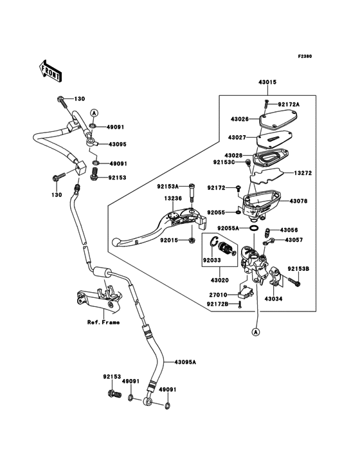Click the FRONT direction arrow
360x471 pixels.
coord(50,71)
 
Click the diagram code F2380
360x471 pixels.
coord(305,56)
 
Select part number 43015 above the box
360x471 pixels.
coord(267,82)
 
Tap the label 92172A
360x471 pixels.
coord(289,104)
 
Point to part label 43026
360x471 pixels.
coord(240,119)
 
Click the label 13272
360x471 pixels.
coord(303,173)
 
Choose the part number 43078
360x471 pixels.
coord(298,201)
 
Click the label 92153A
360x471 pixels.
coord(168,187)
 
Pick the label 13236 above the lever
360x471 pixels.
coord(173,199)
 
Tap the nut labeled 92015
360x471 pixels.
coord(192,240)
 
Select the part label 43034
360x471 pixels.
coord(274,299)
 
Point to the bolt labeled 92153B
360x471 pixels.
coord(294,281)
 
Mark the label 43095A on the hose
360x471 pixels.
coord(185,362)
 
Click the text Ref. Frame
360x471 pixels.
coord(104,322)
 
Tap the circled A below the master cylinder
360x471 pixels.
coord(256,332)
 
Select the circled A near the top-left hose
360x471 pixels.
coord(94,113)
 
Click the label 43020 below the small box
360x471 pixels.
coord(220,281)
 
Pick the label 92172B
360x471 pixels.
coord(217,304)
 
